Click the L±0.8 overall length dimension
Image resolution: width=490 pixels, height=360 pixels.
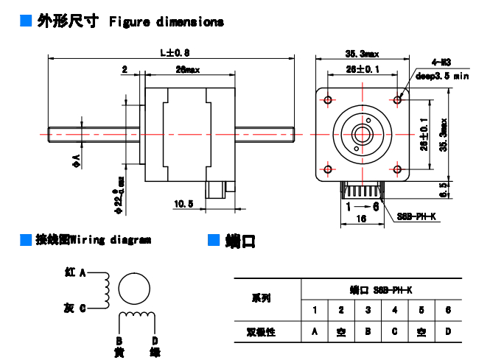click(x=175, y=52)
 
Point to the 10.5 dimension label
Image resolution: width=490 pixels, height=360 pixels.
click(x=183, y=203)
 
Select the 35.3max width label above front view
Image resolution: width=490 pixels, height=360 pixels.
click(x=362, y=53)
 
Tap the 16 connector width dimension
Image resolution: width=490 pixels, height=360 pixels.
click(x=362, y=219)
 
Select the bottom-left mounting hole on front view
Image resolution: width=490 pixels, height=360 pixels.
click(x=328, y=170)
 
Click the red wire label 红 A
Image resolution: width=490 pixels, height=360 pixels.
click(x=75, y=272)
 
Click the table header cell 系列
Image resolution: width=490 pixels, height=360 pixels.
click(x=261, y=298)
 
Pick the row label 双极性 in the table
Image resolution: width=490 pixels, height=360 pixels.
click(x=261, y=332)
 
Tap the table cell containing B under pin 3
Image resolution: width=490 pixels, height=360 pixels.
click(x=368, y=332)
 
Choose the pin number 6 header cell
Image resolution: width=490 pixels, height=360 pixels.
click(x=447, y=310)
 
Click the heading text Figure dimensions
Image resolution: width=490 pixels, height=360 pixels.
click(x=166, y=22)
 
